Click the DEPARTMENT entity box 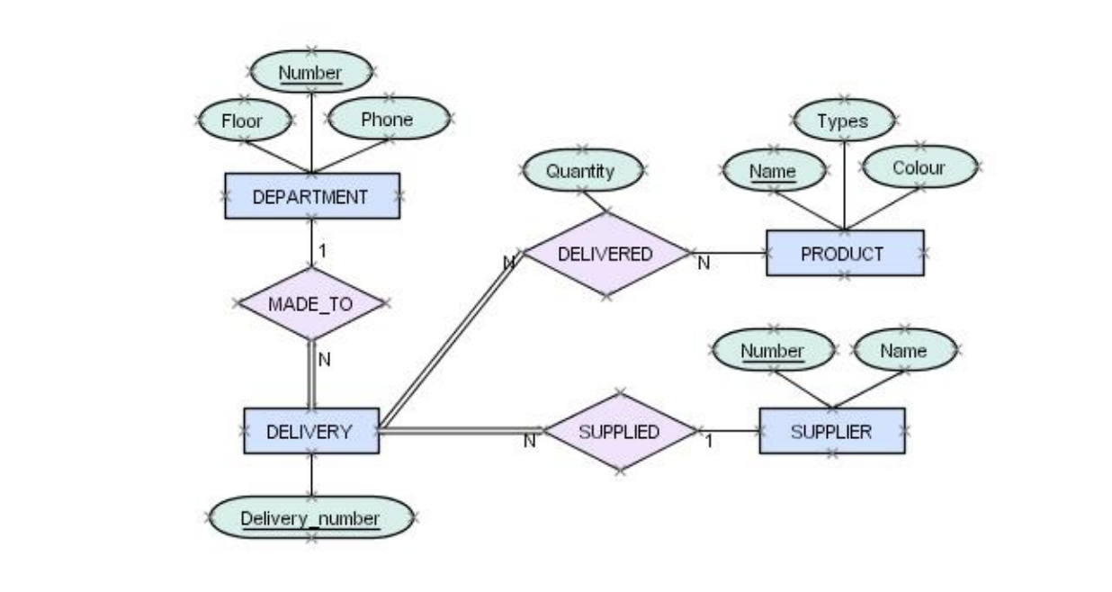[x=311, y=196]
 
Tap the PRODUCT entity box [x=844, y=253]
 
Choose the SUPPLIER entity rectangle [x=831, y=431]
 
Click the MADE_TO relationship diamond [x=311, y=304]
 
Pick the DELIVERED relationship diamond [x=605, y=254]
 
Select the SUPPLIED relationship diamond [x=619, y=431]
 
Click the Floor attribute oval [x=243, y=120]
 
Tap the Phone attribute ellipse [x=388, y=119]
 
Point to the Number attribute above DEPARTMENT [x=310, y=72]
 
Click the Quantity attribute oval [x=582, y=170]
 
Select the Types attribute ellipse [x=843, y=121]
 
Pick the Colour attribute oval [x=919, y=167]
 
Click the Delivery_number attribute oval [x=310, y=518]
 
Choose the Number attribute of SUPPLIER [x=773, y=351]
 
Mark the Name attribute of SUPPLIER [x=903, y=350]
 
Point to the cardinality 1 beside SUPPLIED [x=708, y=442]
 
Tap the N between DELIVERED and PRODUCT [x=704, y=264]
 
